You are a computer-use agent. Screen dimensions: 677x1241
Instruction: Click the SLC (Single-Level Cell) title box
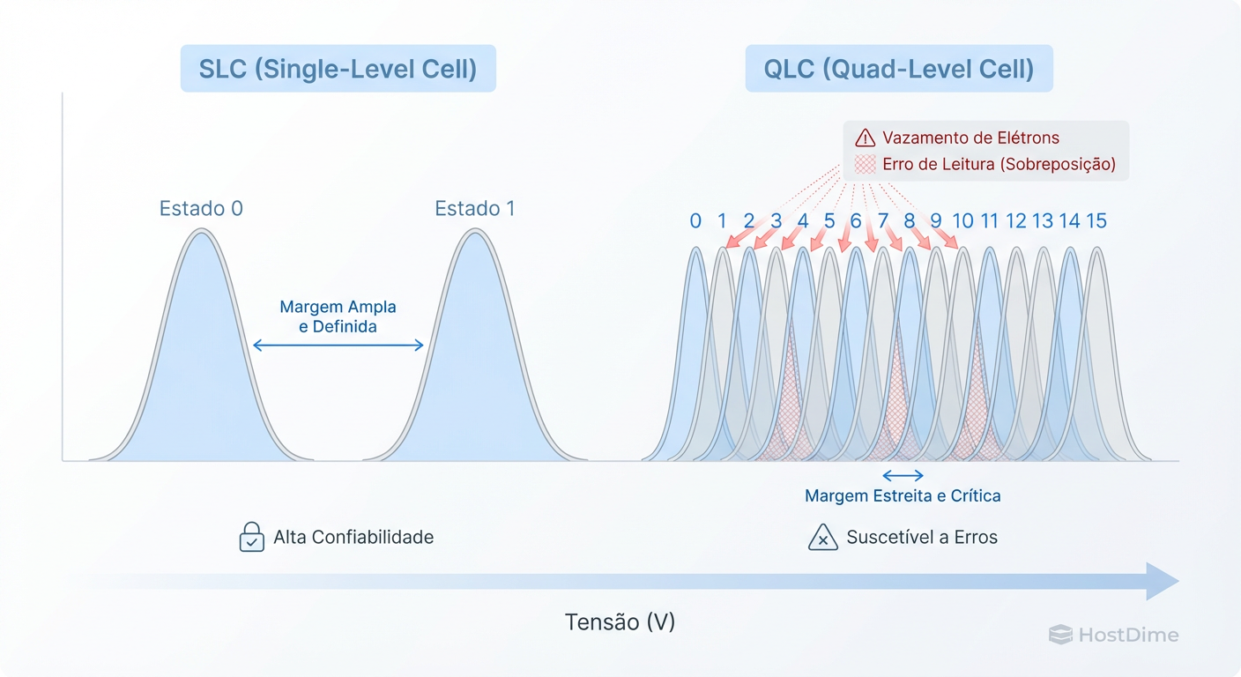tap(338, 69)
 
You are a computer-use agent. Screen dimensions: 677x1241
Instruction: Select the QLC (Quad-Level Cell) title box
tap(898, 69)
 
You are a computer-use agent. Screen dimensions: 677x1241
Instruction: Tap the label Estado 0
tap(201, 209)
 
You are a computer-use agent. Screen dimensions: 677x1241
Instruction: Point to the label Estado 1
tap(474, 209)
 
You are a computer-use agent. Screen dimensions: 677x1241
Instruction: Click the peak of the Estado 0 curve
tap(202, 232)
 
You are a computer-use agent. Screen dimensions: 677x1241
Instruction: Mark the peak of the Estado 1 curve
tap(475, 232)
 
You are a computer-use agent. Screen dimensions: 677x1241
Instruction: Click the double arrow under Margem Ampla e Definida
tap(338, 346)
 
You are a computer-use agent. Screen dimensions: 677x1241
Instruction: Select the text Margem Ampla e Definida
tap(338, 316)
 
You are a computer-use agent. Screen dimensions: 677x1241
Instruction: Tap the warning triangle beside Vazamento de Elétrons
tap(866, 138)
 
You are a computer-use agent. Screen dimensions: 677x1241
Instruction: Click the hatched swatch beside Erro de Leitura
tap(866, 164)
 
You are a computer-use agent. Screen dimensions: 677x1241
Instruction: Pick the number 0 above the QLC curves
tap(695, 221)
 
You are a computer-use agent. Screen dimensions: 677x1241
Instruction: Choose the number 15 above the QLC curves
tap(1096, 221)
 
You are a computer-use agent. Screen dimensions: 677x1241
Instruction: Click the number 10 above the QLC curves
tap(962, 221)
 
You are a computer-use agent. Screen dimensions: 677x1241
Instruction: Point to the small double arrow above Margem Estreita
tap(903, 475)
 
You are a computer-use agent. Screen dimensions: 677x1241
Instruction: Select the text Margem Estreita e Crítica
tap(903, 496)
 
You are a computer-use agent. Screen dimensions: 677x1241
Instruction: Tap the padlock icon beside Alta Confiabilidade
tap(252, 537)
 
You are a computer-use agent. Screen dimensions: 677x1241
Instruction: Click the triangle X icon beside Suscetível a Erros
tap(822, 537)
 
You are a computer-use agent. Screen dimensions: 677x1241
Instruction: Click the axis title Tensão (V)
tap(620, 622)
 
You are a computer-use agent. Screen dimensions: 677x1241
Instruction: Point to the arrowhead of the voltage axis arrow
tap(1163, 581)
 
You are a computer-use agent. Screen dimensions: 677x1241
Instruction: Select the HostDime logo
tap(1113, 635)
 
